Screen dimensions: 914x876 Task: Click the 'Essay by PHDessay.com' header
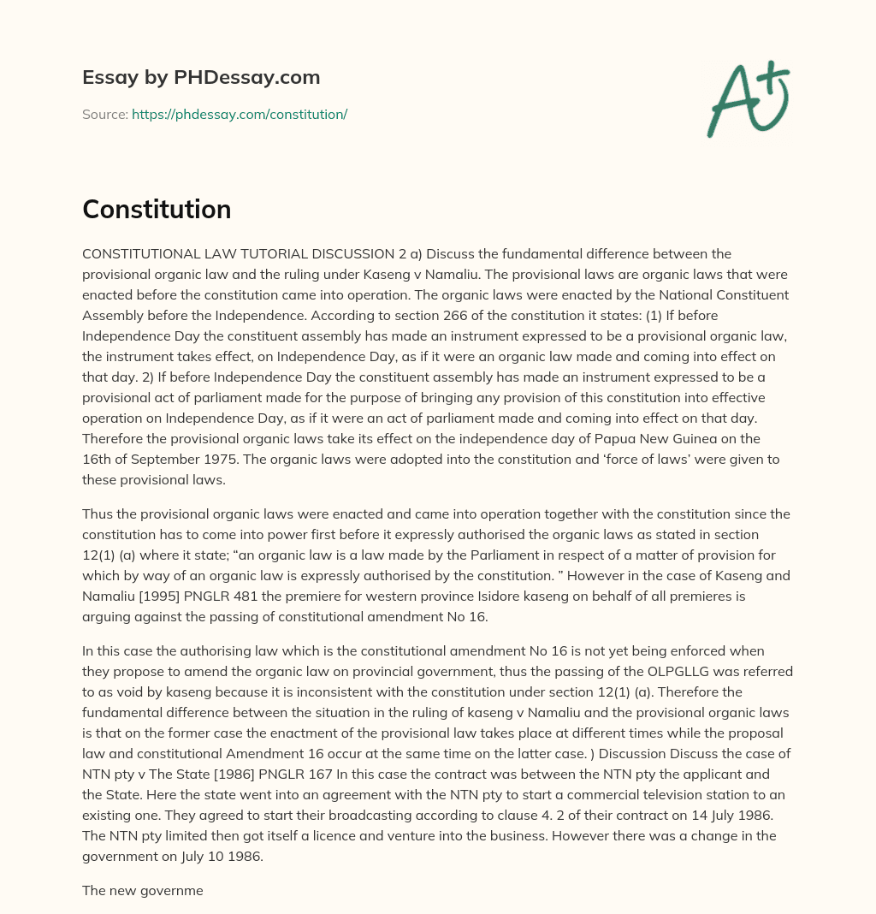point(201,77)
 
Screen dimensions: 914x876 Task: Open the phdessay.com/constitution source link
point(240,114)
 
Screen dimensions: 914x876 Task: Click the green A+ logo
point(747,98)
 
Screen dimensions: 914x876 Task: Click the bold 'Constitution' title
point(157,210)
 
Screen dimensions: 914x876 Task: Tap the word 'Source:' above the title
point(104,114)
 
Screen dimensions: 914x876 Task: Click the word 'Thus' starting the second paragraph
point(98,514)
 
